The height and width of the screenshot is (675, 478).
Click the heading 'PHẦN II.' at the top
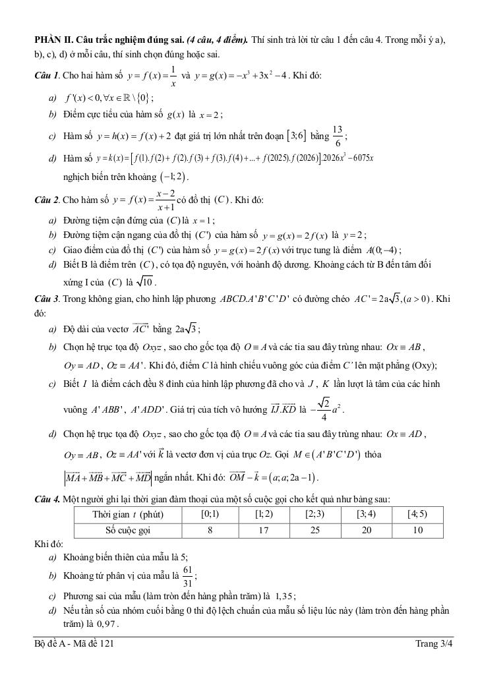(54, 40)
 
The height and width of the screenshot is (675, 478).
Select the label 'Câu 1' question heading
(47, 75)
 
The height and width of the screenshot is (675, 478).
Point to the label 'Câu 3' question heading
(47, 299)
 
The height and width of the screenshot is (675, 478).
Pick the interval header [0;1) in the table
(210, 514)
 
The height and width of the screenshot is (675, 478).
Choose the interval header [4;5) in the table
(417, 514)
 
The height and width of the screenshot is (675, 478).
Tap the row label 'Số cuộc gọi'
(128, 530)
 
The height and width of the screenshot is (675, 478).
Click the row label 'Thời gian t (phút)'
(128, 514)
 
